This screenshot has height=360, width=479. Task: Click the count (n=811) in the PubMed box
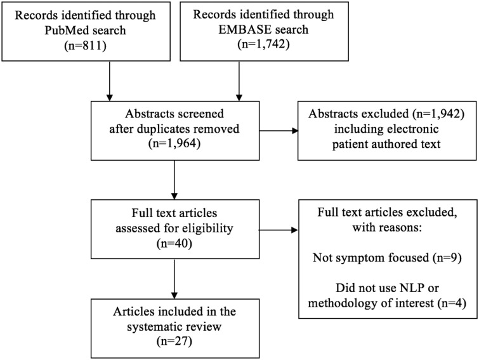point(85,46)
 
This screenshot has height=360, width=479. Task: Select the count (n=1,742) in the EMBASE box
point(263,44)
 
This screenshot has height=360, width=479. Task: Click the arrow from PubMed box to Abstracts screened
point(109,81)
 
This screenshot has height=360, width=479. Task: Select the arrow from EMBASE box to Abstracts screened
point(239,81)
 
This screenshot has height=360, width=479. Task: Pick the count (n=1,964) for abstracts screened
point(174,143)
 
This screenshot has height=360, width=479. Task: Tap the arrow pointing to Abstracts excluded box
point(279,131)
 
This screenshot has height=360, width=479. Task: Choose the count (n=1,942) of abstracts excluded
point(438,114)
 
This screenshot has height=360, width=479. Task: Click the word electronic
point(412,129)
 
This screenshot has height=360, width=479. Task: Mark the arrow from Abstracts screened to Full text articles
point(174,180)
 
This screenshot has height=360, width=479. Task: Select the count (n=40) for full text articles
point(174,243)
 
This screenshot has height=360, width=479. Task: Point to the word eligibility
point(206,229)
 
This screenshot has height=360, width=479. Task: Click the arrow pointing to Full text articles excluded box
point(279,230)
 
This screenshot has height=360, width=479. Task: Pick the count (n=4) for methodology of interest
point(452,303)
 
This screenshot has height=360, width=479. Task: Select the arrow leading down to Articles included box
point(174,279)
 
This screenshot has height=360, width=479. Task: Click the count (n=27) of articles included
point(174,342)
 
